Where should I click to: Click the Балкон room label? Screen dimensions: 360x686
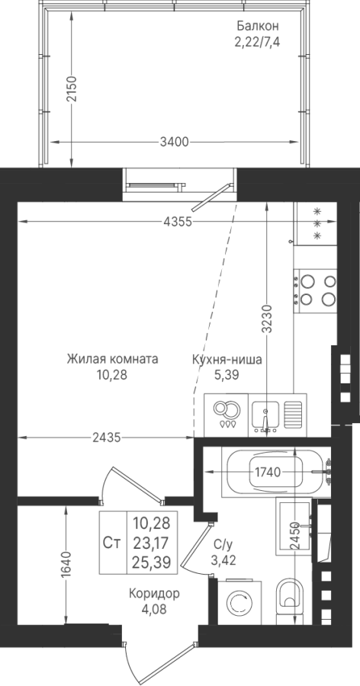pyautogui.click(x=258, y=26)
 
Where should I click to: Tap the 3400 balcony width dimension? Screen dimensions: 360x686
pyautogui.click(x=175, y=143)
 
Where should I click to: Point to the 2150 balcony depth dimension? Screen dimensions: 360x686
pyautogui.click(x=72, y=89)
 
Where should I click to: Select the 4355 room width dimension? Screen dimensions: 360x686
pyautogui.click(x=178, y=222)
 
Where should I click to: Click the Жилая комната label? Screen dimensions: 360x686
pyautogui.click(x=113, y=360)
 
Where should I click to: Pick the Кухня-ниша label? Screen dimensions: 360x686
pyautogui.click(x=227, y=360)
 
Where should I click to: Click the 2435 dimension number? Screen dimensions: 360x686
pyautogui.click(x=107, y=437)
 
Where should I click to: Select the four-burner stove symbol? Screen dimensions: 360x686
pyautogui.click(x=315, y=291)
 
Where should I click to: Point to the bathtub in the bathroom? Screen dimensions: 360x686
pyautogui.click(x=276, y=472)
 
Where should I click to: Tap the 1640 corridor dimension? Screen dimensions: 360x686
pyautogui.click(x=66, y=566)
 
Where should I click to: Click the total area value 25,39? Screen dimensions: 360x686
pyautogui.click(x=152, y=562)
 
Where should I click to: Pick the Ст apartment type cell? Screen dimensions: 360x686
pyautogui.click(x=113, y=543)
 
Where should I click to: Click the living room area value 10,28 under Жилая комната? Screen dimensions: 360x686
pyautogui.click(x=113, y=375)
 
